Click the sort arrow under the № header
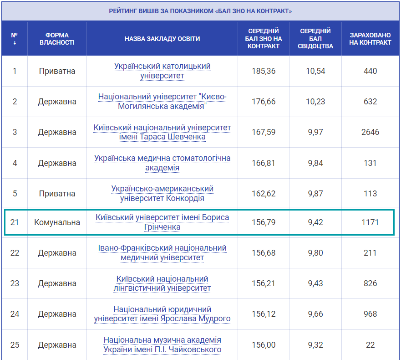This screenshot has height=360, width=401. [x=15, y=43]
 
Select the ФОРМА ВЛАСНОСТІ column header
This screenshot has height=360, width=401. [x=57, y=39]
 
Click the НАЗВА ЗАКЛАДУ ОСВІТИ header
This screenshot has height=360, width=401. [x=162, y=39]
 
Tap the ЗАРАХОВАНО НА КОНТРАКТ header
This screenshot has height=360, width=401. [x=370, y=39]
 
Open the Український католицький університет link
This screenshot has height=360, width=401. [x=162, y=71]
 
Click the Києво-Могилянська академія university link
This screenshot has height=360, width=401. [x=162, y=102]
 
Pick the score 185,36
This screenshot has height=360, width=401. [x=264, y=71]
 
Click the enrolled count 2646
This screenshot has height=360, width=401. [x=370, y=132]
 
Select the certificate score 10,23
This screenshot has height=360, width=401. [x=315, y=102]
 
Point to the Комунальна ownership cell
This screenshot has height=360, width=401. [x=57, y=222]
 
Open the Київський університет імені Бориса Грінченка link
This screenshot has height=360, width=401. [x=162, y=222]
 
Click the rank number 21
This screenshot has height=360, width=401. [x=15, y=222]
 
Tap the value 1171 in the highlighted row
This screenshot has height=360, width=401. [x=370, y=222]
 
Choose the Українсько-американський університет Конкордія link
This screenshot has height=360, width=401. [x=162, y=194]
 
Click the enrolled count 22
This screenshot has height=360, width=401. [x=370, y=345]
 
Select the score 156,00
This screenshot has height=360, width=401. [x=264, y=345]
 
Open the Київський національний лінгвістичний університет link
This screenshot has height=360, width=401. [x=162, y=283]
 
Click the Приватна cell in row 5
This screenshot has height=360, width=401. [x=57, y=194]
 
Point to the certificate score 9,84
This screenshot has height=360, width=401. [x=315, y=163]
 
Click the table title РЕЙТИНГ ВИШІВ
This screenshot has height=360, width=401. [x=200, y=11]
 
